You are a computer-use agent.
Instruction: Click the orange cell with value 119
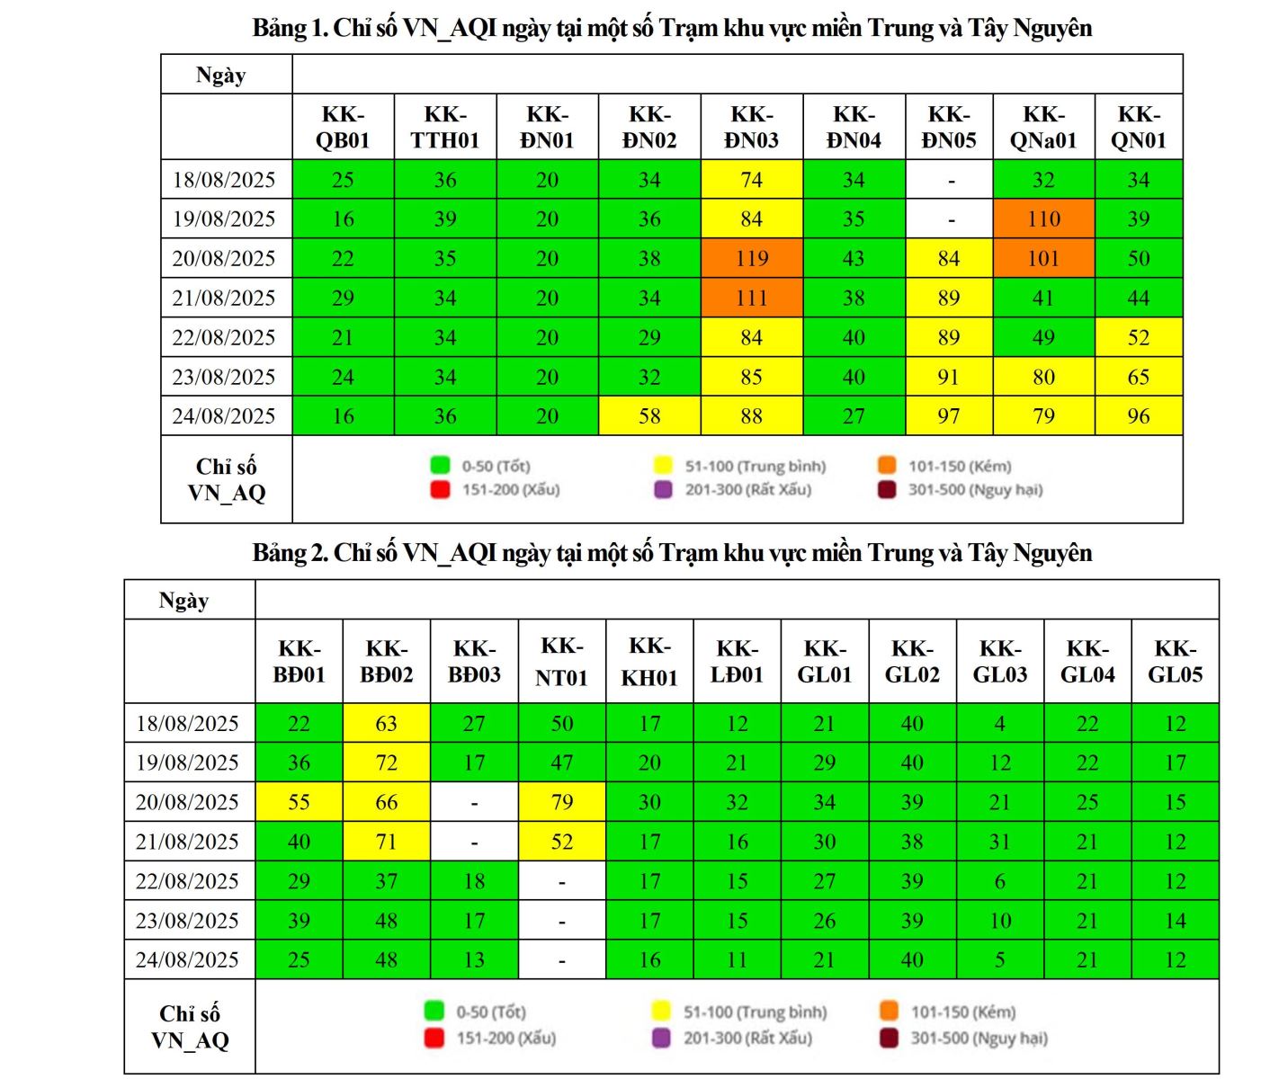pyautogui.click(x=751, y=258)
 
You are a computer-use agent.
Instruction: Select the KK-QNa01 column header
pyautogui.click(x=1043, y=127)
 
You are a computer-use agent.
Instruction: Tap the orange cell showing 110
pyautogui.click(x=1043, y=218)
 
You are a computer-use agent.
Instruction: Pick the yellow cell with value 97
pyautogui.click(x=948, y=416)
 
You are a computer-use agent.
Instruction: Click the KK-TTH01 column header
pyautogui.click(x=444, y=127)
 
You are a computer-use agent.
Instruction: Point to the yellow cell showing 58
pyautogui.click(x=649, y=416)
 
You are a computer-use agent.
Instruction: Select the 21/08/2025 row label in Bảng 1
pyautogui.click(x=224, y=298)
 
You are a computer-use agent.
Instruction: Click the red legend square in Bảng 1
pyautogui.click(x=440, y=490)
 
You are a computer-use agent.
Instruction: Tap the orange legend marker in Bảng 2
pyautogui.click(x=889, y=1011)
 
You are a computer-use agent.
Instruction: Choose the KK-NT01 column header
pyautogui.click(x=561, y=662)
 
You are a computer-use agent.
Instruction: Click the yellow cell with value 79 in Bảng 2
pyautogui.click(x=562, y=802)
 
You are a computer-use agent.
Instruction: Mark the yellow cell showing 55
pyautogui.click(x=299, y=802)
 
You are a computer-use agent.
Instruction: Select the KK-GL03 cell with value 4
pyautogui.click(x=999, y=723)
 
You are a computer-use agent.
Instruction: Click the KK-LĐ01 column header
pyautogui.click(x=737, y=662)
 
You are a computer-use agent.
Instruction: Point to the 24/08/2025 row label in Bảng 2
pyautogui.click(x=187, y=959)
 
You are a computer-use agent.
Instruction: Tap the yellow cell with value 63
pyautogui.click(x=386, y=723)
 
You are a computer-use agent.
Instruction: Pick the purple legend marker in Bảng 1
pyautogui.click(x=663, y=490)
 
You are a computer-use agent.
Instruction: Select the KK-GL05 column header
pyautogui.click(x=1175, y=662)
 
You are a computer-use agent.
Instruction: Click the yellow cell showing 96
pyautogui.click(x=1138, y=416)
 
